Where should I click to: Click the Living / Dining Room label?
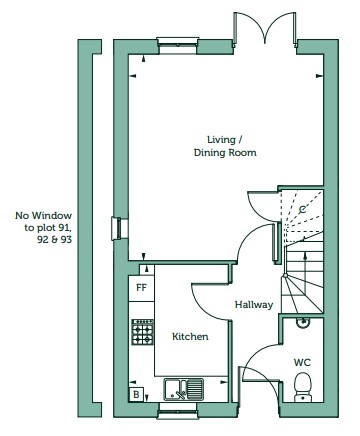225,146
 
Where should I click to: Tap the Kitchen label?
190,337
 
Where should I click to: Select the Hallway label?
254,305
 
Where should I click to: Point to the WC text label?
302,362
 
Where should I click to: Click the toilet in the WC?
303,387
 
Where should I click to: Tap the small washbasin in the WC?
303,322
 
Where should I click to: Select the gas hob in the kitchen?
143,332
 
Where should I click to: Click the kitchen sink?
184,389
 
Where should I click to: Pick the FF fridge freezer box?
142,288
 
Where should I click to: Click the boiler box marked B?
136,395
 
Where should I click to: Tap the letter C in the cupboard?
302,210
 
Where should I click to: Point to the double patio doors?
265,29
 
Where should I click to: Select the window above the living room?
178,46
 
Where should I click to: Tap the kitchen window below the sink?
177,410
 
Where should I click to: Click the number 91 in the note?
67,228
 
